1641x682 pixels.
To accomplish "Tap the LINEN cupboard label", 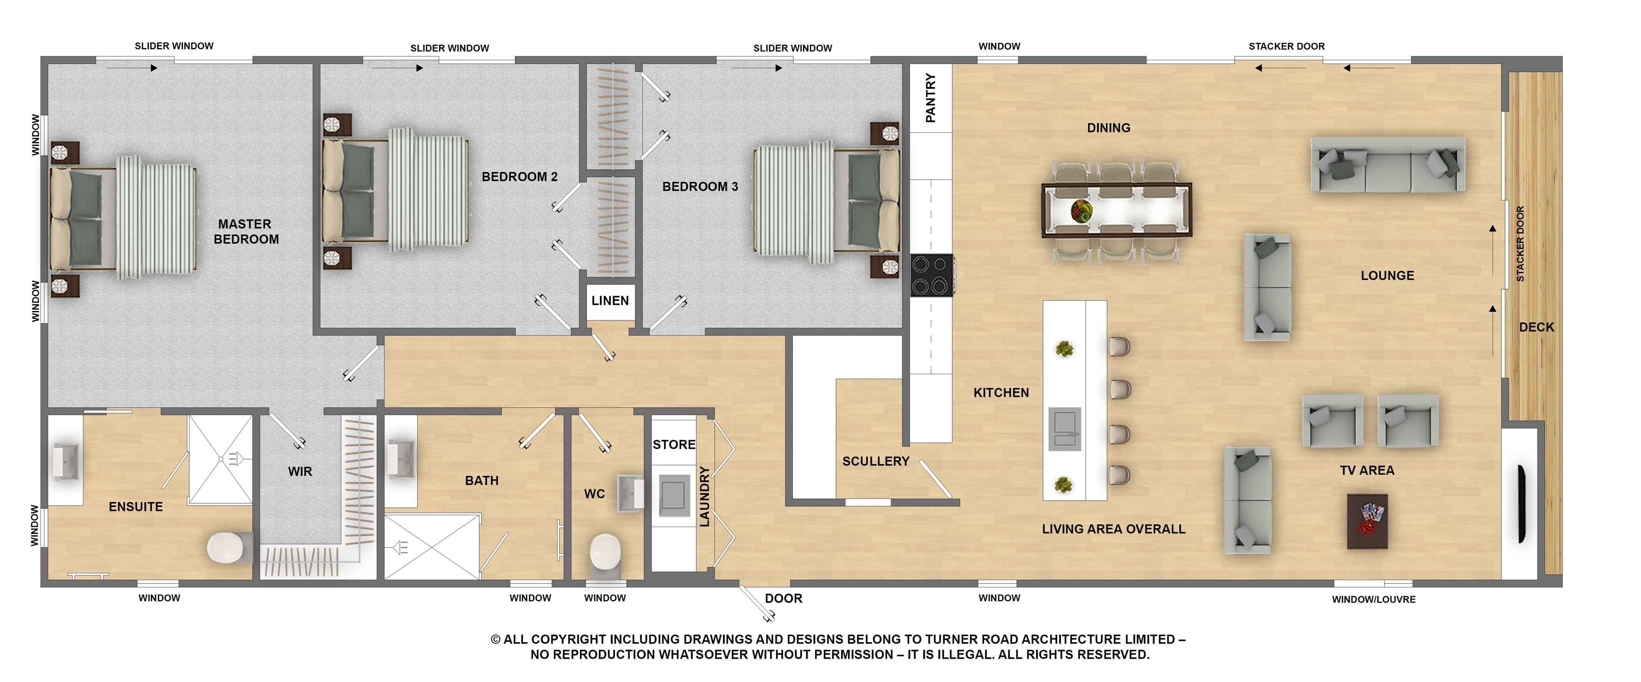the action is [x=610, y=301].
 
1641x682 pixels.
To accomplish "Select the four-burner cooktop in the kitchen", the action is [x=931, y=275].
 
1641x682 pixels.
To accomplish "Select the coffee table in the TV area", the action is [x=1367, y=521].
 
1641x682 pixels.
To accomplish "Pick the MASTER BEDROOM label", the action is [x=246, y=232].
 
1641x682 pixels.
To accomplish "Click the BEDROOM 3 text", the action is [x=700, y=187].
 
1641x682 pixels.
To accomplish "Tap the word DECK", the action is [x=1536, y=327].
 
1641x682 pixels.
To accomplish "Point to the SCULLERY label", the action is [x=875, y=461].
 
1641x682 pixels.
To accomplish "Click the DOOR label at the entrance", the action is [x=783, y=599].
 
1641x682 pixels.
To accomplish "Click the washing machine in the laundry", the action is [x=674, y=495].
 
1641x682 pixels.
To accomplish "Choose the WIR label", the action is [x=300, y=472].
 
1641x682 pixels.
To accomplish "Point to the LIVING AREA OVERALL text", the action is [x=1114, y=529].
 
